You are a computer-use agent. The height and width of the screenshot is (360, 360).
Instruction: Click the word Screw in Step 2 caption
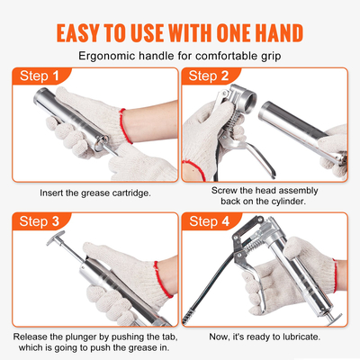[x=227, y=190]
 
